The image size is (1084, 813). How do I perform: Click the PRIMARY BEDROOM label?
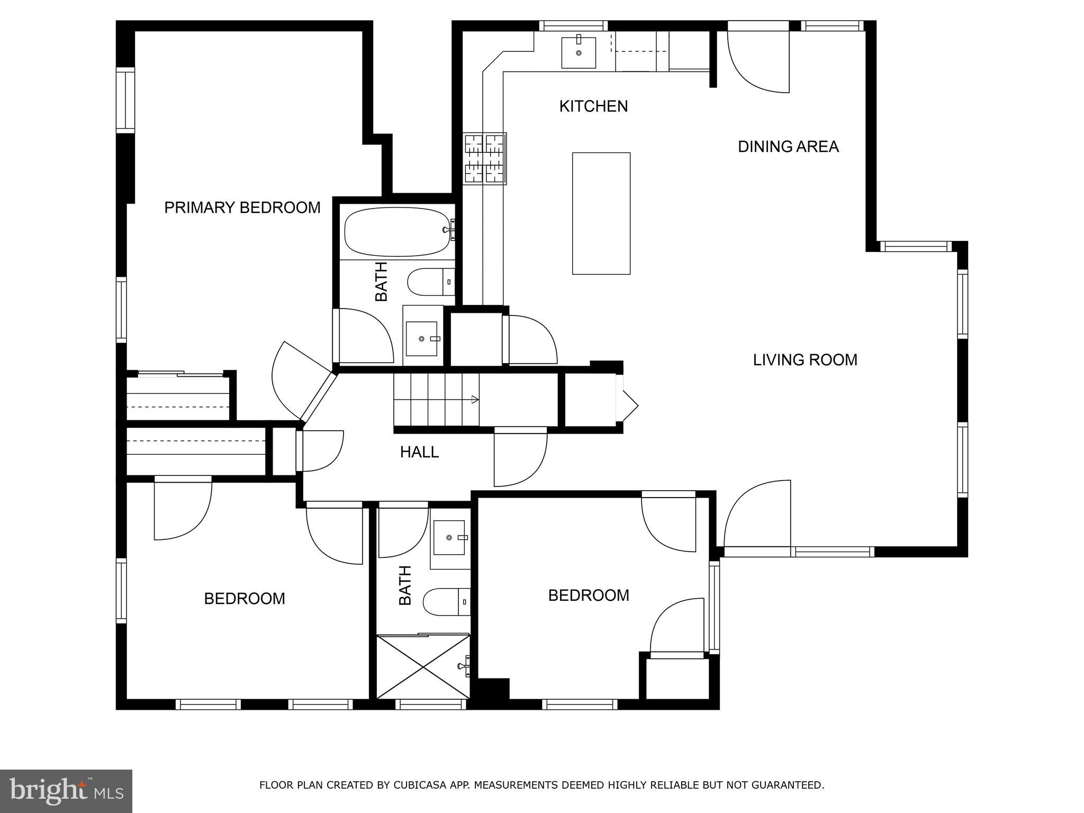242,207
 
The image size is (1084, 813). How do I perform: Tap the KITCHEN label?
593,106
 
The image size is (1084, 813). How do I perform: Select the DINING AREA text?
788,147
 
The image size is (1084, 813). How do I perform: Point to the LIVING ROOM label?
805,360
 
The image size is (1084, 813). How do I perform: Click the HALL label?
419,452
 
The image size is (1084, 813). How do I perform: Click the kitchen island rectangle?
601,213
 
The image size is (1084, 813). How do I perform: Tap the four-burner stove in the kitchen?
485,159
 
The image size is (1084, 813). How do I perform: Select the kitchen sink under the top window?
578,52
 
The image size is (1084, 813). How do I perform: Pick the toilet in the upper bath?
430,282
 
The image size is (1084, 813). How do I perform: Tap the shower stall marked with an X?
422,667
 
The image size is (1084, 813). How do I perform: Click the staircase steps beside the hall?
436,399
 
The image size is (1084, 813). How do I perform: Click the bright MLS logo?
66,791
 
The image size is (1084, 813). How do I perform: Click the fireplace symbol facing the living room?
628,406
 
